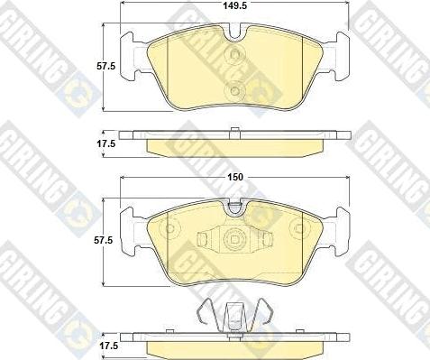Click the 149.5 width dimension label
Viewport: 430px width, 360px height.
click(235, 5)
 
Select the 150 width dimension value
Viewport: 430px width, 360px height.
click(235, 177)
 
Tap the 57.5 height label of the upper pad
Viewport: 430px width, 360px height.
click(105, 66)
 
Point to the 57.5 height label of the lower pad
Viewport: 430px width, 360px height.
click(103, 240)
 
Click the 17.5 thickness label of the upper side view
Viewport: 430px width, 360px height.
click(105, 143)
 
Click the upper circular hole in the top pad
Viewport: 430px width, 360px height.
click(234, 55)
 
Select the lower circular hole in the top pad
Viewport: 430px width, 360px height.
click(234, 90)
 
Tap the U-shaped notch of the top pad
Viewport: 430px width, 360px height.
click(235, 32)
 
